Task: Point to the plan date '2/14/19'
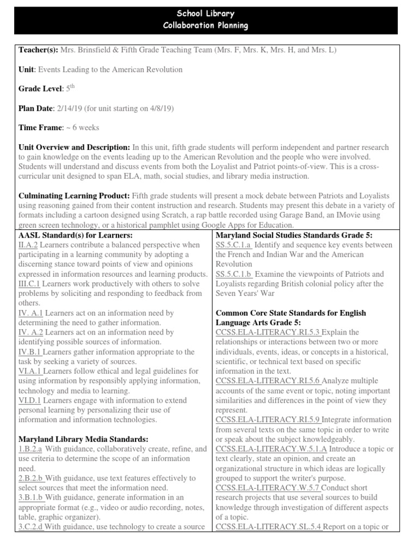click(x=67, y=108)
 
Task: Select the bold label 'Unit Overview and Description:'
click(x=69, y=148)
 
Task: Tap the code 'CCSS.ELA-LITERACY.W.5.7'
click(x=268, y=488)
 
